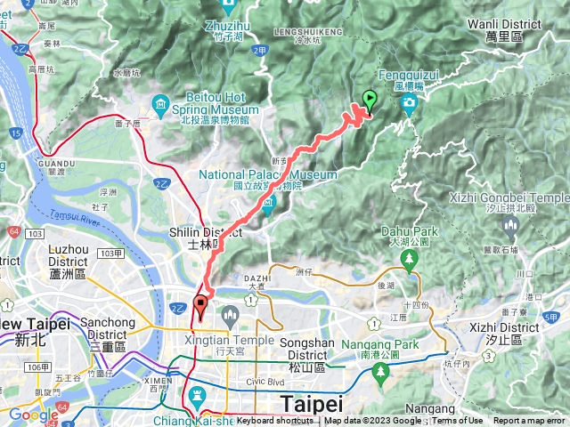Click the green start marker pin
coord(370,101)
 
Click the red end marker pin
coord(200,308)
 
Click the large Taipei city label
coord(310,403)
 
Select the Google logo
coord(33,415)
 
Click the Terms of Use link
coord(457,421)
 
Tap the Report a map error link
coord(530,421)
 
